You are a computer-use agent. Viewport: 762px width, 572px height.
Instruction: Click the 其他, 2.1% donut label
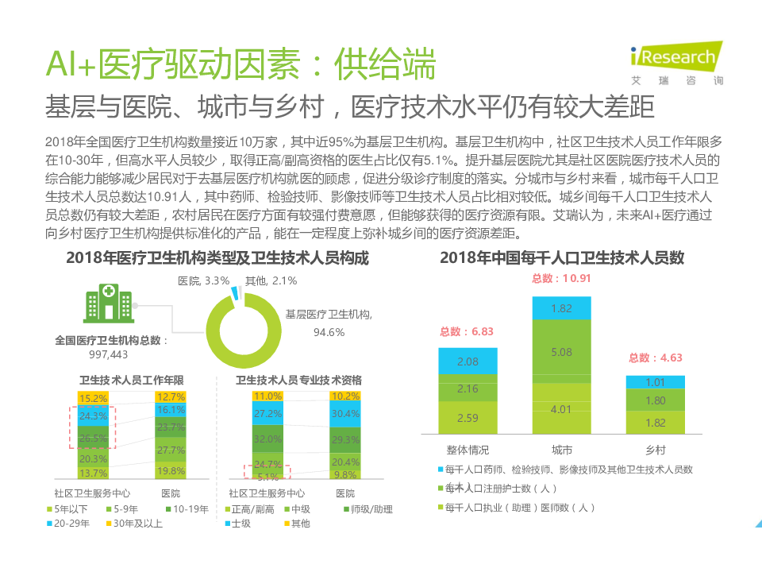click(x=271, y=280)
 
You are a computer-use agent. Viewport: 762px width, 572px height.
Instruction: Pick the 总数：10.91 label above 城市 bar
click(x=561, y=278)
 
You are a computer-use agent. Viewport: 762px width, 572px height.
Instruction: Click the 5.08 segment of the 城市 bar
click(x=561, y=351)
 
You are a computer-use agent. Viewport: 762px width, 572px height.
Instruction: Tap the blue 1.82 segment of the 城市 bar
click(x=561, y=308)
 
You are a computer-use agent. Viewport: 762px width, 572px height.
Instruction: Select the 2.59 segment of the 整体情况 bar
click(x=468, y=417)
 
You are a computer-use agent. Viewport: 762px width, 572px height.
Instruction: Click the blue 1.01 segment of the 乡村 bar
click(x=656, y=382)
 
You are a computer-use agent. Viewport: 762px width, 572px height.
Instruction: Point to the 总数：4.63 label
click(x=656, y=357)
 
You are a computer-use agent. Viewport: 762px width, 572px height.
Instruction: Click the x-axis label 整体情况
click(x=468, y=450)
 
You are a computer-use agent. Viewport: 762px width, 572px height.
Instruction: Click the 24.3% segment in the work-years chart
click(x=94, y=415)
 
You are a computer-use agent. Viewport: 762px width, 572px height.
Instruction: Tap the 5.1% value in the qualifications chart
click(x=268, y=477)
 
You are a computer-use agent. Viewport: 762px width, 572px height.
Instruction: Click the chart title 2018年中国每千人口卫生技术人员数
click(x=562, y=258)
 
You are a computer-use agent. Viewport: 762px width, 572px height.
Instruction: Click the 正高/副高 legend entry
click(x=252, y=509)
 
